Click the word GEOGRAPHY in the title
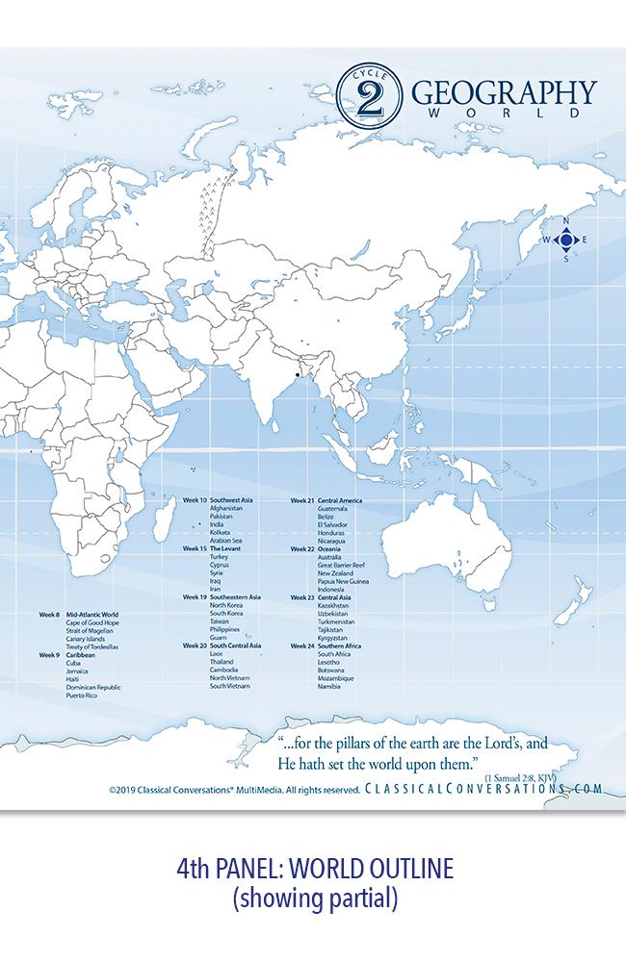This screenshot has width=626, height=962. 505,93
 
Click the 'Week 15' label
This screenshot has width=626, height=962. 195,548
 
